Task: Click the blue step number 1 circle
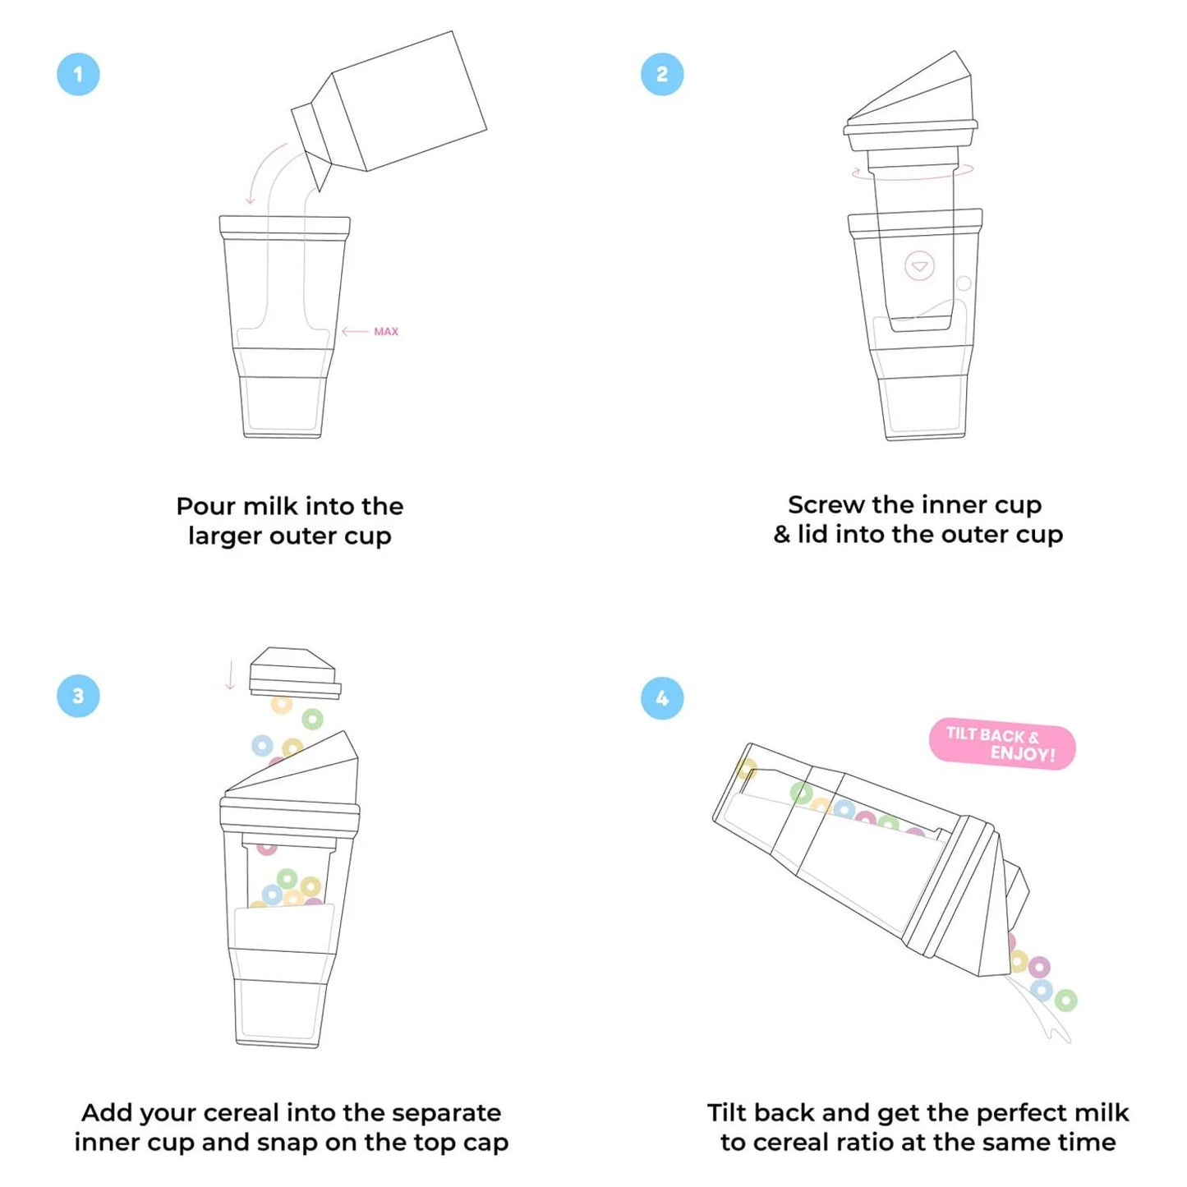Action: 78,74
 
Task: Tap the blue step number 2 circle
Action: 662,74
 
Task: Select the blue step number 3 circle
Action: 78,696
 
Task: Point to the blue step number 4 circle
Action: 662,698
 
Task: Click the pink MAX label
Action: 385,332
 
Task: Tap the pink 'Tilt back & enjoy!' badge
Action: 1001,745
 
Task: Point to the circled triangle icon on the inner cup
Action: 919,266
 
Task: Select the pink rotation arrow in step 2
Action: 912,173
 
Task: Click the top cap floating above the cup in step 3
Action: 294,672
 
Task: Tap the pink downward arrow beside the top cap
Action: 230,675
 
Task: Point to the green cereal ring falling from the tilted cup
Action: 1065,1000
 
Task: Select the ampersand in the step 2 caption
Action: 781,535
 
